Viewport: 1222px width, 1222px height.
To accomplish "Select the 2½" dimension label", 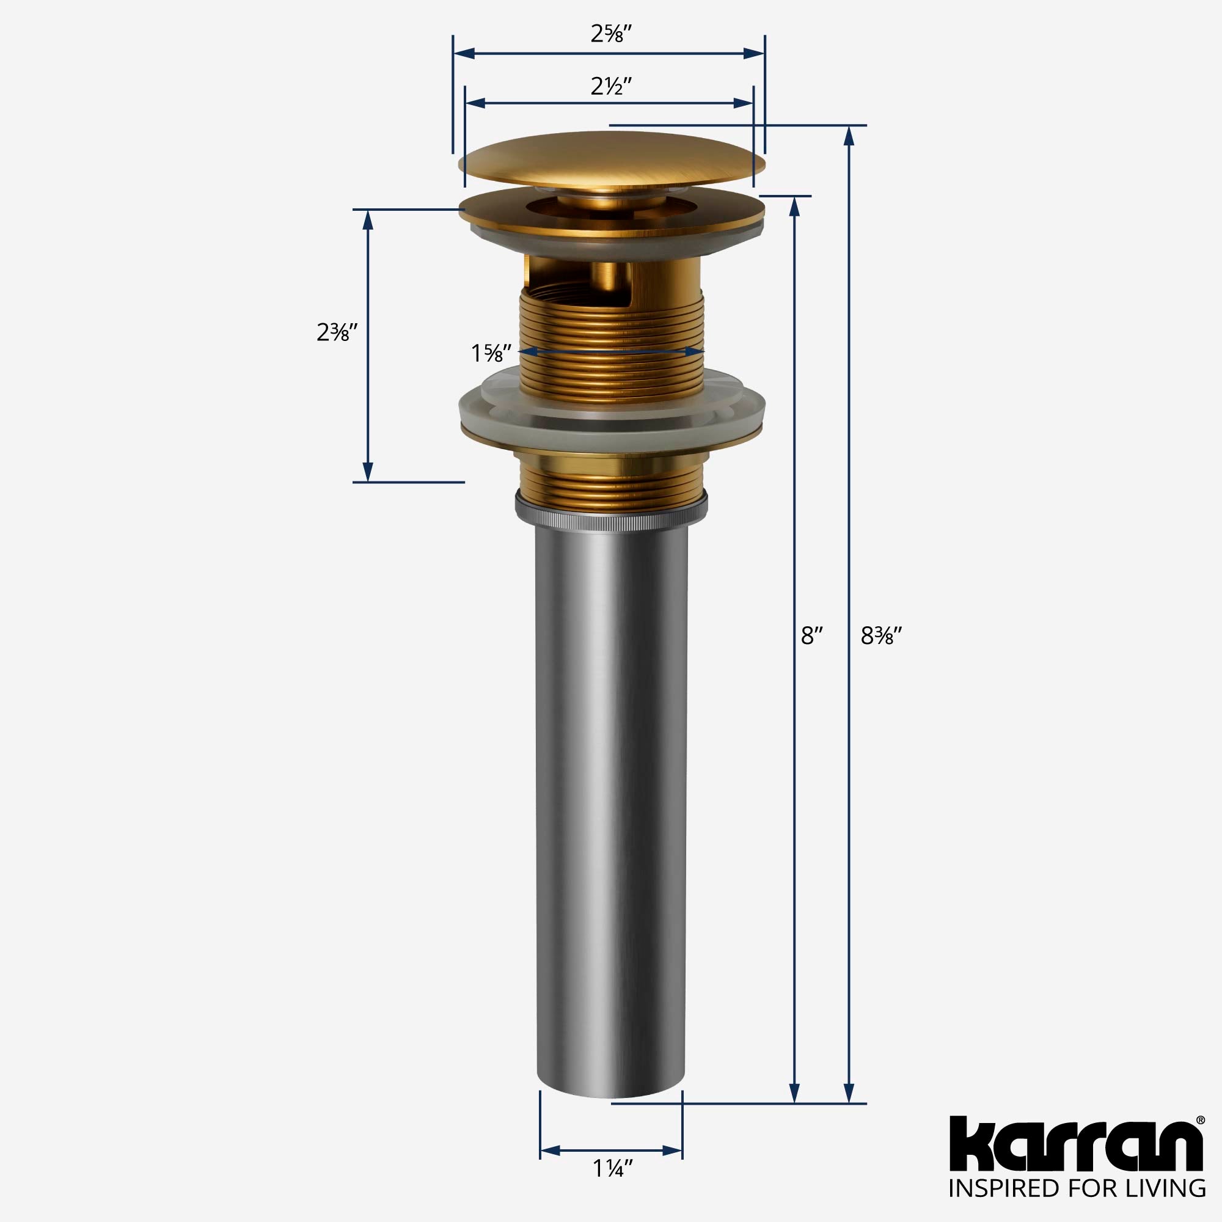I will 611,86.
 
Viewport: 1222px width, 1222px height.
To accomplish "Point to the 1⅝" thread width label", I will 487,353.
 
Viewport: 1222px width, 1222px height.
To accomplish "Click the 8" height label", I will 811,635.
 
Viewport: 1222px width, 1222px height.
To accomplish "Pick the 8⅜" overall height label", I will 881,635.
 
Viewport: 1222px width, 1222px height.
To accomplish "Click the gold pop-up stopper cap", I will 611,158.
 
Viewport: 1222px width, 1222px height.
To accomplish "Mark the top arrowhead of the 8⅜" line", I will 849,136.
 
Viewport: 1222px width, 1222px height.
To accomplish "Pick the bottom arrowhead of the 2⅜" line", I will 367,471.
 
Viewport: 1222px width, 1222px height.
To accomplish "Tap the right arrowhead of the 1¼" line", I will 671,1151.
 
